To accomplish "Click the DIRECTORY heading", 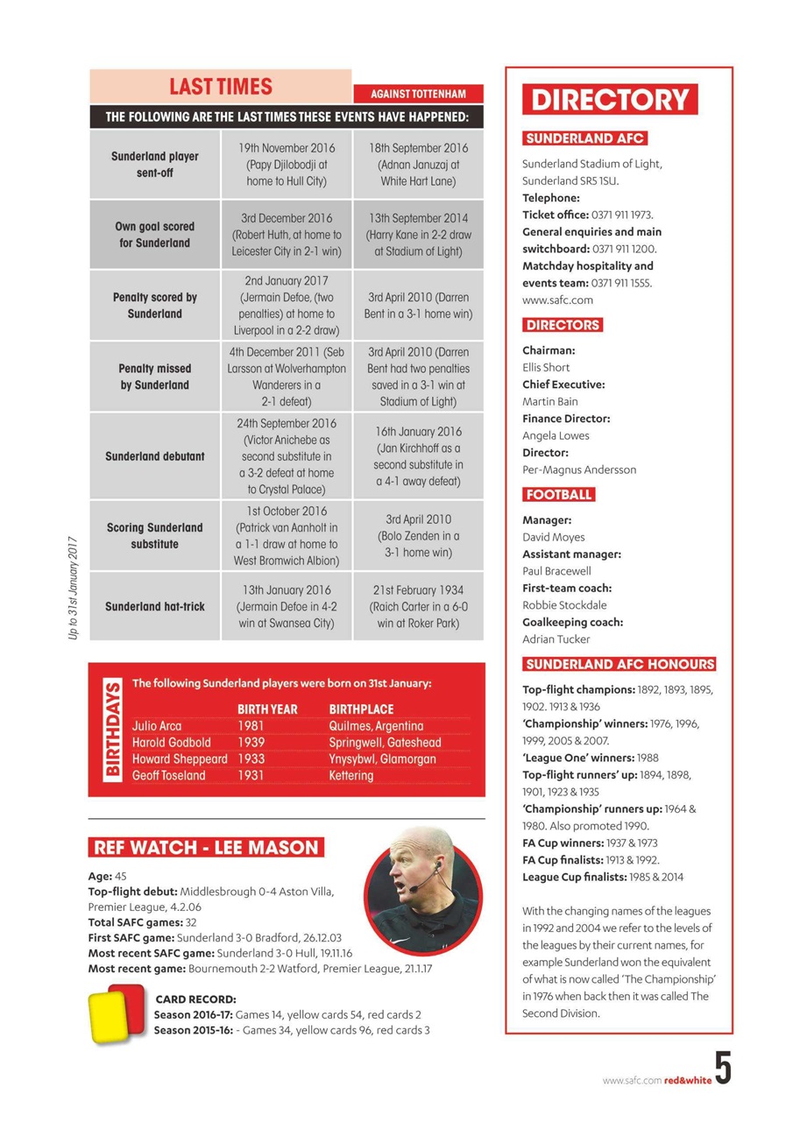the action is [610, 99].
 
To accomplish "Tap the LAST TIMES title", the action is [221, 87].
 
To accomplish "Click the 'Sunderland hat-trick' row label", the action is [155, 606].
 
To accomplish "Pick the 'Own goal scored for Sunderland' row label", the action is [155, 235].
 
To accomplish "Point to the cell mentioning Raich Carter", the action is [418, 606].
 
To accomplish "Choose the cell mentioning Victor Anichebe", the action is [286, 456].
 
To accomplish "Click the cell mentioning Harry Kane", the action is [418, 235].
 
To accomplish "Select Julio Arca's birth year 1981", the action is [251, 726].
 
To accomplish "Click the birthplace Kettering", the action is [350, 775].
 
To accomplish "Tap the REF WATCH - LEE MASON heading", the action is [207, 847].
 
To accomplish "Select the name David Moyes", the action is [553, 537].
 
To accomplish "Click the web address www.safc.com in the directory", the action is [557, 300].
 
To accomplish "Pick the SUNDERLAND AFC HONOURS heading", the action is [619, 664].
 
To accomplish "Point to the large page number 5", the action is [722, 1069].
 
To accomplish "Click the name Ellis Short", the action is [546, 367].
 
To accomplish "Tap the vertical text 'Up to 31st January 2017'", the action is [74, 588].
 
